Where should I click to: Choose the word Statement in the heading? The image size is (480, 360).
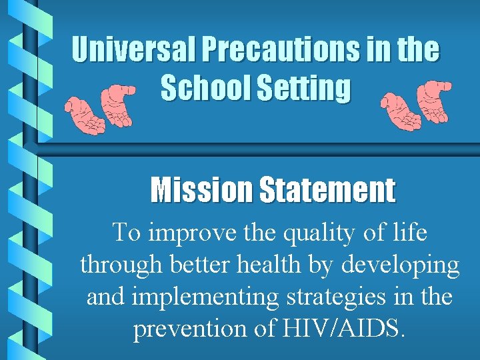tap(326, 190)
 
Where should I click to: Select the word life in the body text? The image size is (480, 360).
tap(409, 233)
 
